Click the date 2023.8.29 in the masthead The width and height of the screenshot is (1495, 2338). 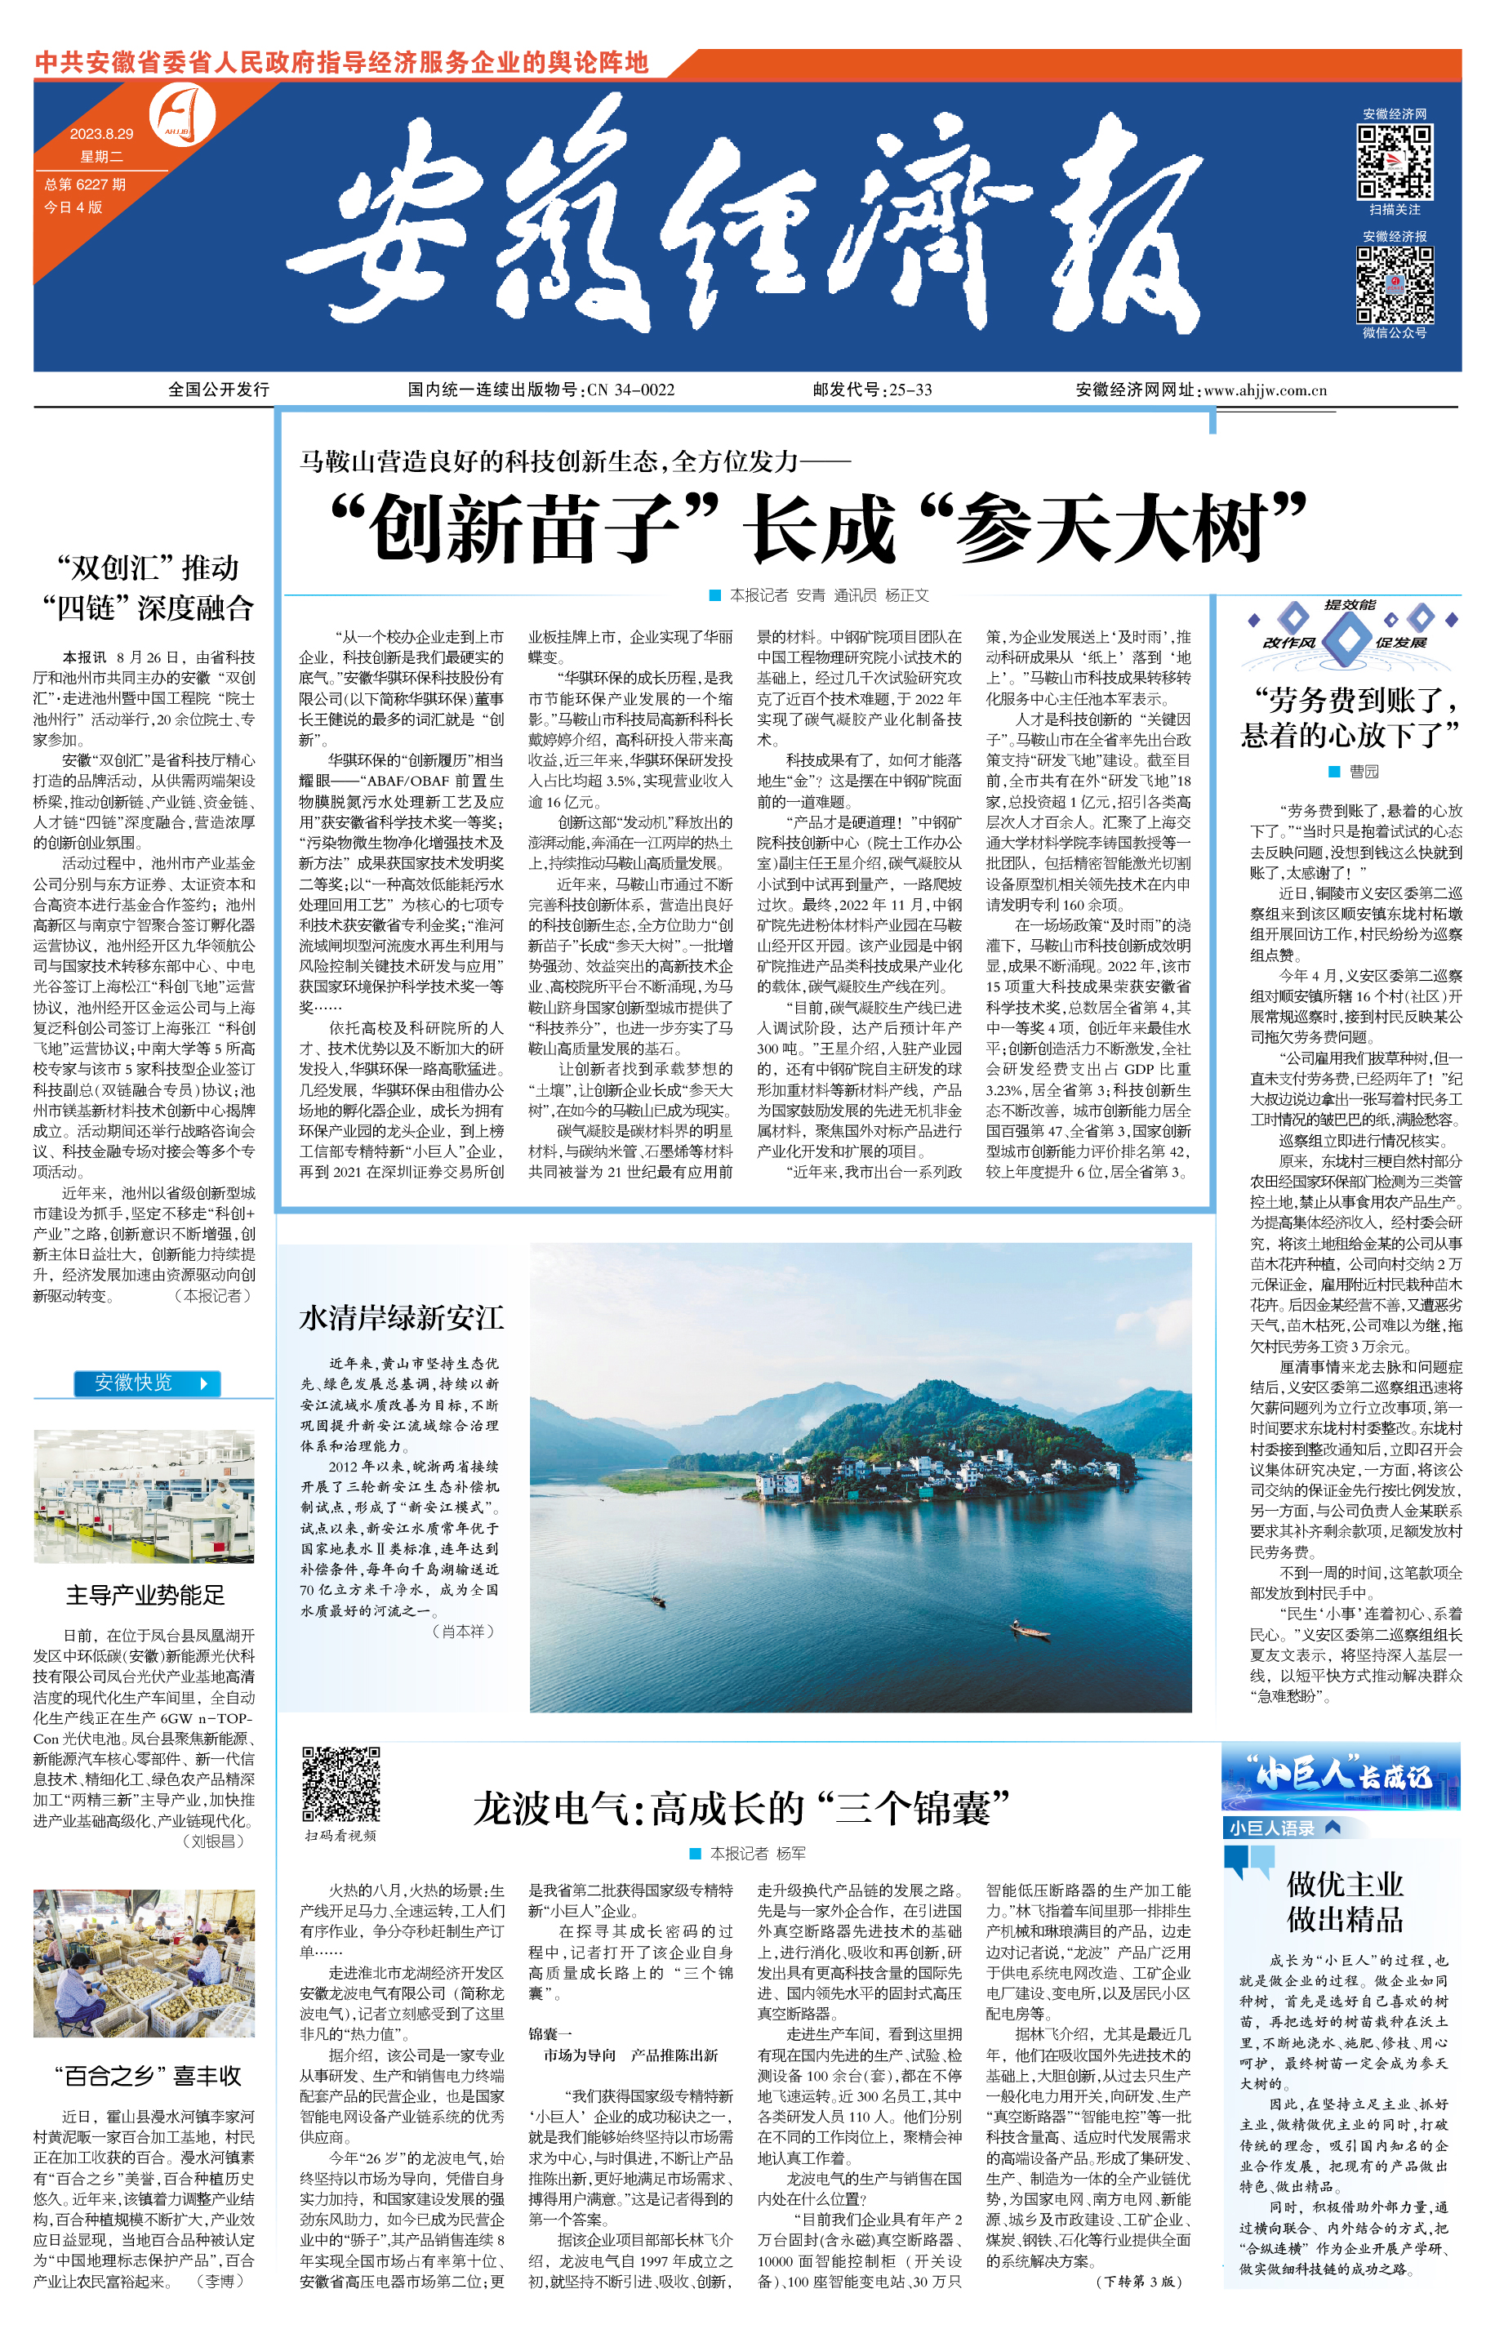click(x=101, y=134)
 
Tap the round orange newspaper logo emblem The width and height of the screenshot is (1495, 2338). click(x=183, y=115)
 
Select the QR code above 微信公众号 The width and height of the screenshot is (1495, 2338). click(x=1394, y=284)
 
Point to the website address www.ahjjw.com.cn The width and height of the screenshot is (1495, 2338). click(x=1265, y=390)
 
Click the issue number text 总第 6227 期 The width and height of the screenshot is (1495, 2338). click(x=86, y=185)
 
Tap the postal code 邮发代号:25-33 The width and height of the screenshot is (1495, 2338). click(x=872, y=390)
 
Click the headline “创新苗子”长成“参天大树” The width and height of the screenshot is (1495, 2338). click(x=817, y=528)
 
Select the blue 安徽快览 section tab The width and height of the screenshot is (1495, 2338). click(x=148, y=1383)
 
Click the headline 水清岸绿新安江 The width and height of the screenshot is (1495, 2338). click(x=402, y=1317)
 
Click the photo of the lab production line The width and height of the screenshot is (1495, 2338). click(x=144, y=1496)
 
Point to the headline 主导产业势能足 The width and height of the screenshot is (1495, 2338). click(x=145, y=1595)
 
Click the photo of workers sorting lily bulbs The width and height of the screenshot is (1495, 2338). click(x=144, y=1962)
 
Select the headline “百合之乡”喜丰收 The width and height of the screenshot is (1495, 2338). click(x=148, y=2076)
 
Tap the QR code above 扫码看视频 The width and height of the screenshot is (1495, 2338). click(x=340, y=1784)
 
